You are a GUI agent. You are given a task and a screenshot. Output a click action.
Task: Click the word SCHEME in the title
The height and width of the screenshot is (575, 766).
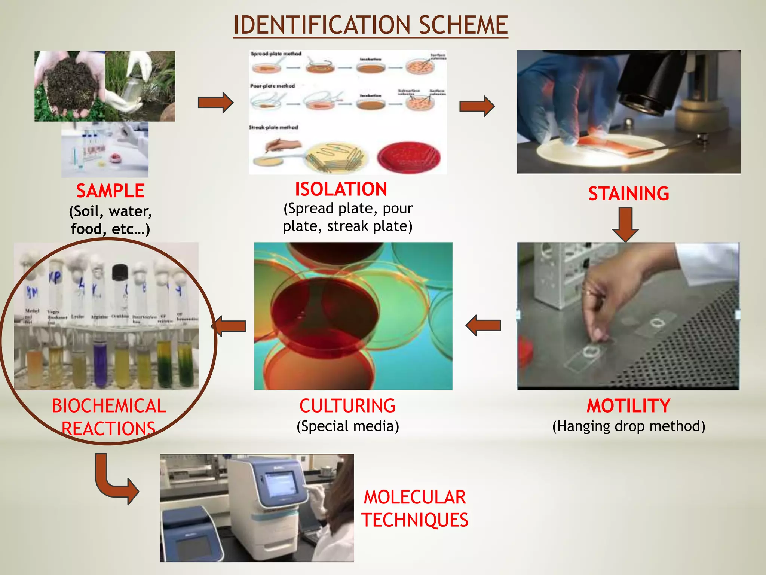(463, 25)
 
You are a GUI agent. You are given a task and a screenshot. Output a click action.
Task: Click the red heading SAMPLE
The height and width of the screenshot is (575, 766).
(110, 191)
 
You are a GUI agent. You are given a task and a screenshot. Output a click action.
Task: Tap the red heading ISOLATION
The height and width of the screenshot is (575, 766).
(341, 189)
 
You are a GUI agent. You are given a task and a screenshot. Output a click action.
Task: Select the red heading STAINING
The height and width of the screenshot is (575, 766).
(628, 194)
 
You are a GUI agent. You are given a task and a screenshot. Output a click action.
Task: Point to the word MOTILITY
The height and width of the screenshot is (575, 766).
(628, 406)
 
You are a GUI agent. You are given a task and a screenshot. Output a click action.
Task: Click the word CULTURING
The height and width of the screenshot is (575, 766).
(347, 406)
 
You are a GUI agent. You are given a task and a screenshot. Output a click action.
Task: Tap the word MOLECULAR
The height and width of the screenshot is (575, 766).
(415, 498)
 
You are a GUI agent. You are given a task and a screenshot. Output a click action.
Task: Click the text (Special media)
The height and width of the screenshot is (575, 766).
(347, 426)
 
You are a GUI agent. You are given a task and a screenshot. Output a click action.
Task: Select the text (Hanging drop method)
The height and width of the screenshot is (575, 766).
(628, 426)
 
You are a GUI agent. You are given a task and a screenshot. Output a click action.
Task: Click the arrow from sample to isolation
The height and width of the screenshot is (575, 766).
(215, 102)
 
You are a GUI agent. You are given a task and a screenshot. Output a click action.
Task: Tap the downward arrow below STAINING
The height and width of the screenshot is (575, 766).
(625, 224)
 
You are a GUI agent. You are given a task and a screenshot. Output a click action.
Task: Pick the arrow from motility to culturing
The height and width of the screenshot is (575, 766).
(483, 325)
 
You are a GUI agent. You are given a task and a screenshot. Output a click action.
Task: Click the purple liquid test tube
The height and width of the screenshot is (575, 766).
(100, 365)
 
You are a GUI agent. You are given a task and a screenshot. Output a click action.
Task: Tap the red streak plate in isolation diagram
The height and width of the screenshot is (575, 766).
(408, 157)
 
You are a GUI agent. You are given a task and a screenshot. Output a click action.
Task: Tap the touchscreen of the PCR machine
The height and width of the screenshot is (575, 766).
(281, 483)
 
